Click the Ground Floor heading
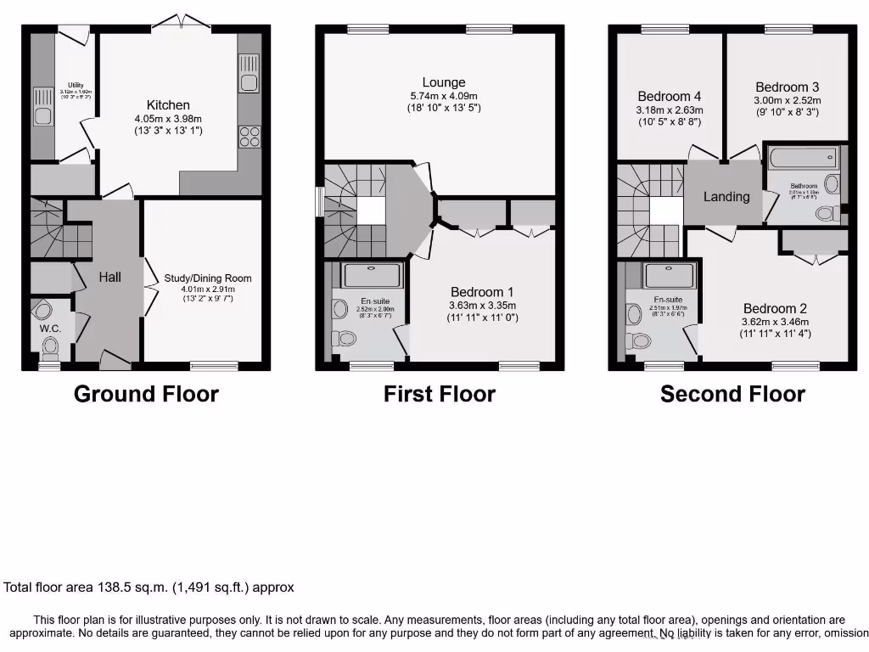(146, 394)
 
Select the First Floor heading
(439, 394)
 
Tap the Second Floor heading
(732, 394)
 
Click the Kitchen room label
(168, 105)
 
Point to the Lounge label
(444, 82)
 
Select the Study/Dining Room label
(208, 278)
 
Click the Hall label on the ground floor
(109, 277)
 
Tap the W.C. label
(50, 328)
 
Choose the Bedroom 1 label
(484, 292)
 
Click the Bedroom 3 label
(788, 87)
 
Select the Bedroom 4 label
(670, 96)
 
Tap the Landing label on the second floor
(726, 196)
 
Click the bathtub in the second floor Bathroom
(803, 158)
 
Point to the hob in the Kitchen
(249, 136)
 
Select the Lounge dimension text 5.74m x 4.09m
(444, 96)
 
